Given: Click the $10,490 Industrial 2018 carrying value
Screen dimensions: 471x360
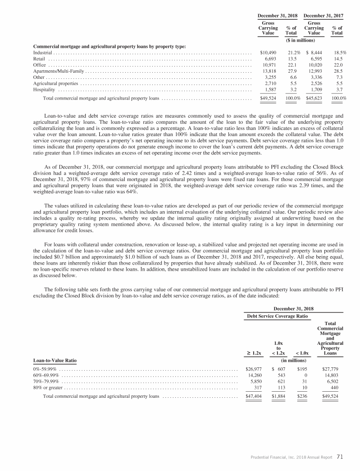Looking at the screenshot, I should click(268, 53).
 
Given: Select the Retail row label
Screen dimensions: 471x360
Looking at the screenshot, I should click(39, 59).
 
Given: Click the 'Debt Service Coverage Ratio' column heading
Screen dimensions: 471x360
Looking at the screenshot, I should click(277, 316).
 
